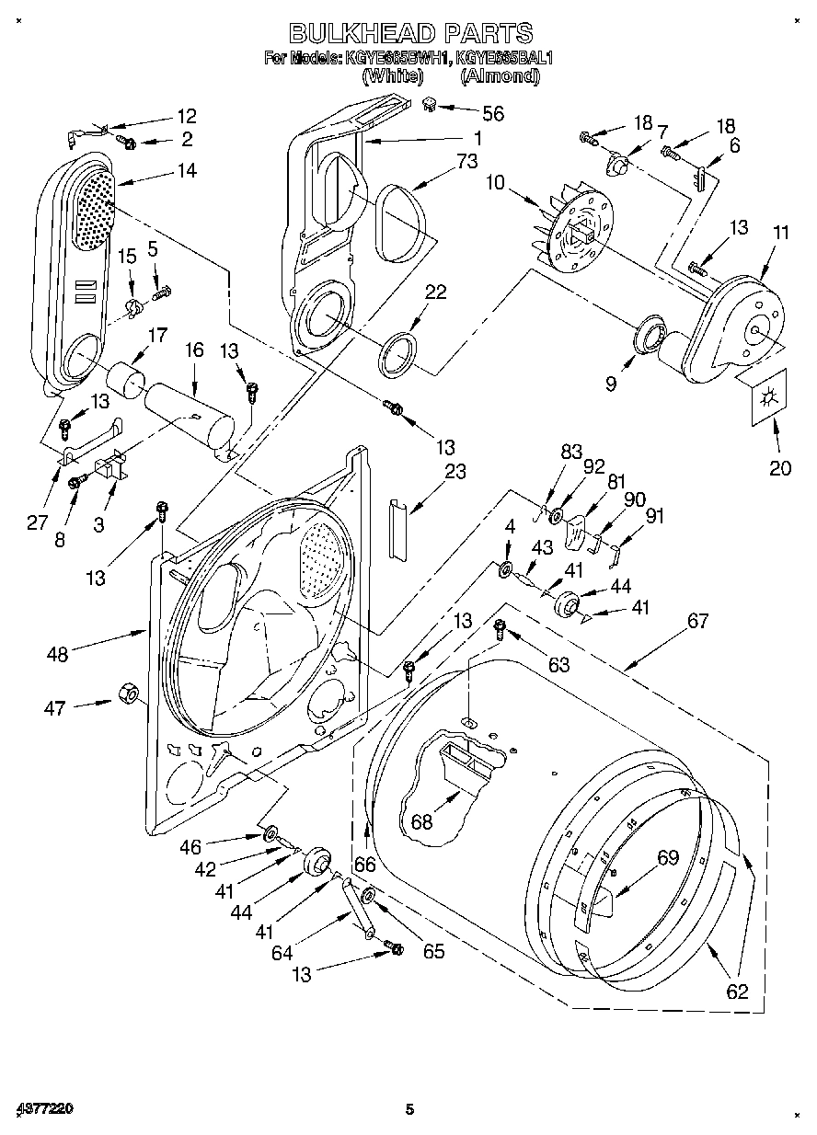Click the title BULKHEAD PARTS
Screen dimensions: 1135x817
point(410,34)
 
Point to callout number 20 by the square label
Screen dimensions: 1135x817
point(779,467)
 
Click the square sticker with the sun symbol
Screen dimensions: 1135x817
point(765,398)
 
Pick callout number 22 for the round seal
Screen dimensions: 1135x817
point(435,292)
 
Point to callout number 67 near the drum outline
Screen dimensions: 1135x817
point(697,621)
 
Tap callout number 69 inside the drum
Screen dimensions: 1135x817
point(667,858)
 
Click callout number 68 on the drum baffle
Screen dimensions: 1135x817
point(421,821)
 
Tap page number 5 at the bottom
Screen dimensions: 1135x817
point(410,1110)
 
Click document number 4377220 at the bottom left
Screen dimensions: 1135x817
point(44,1110)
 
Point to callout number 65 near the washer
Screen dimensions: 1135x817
point(433,952)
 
